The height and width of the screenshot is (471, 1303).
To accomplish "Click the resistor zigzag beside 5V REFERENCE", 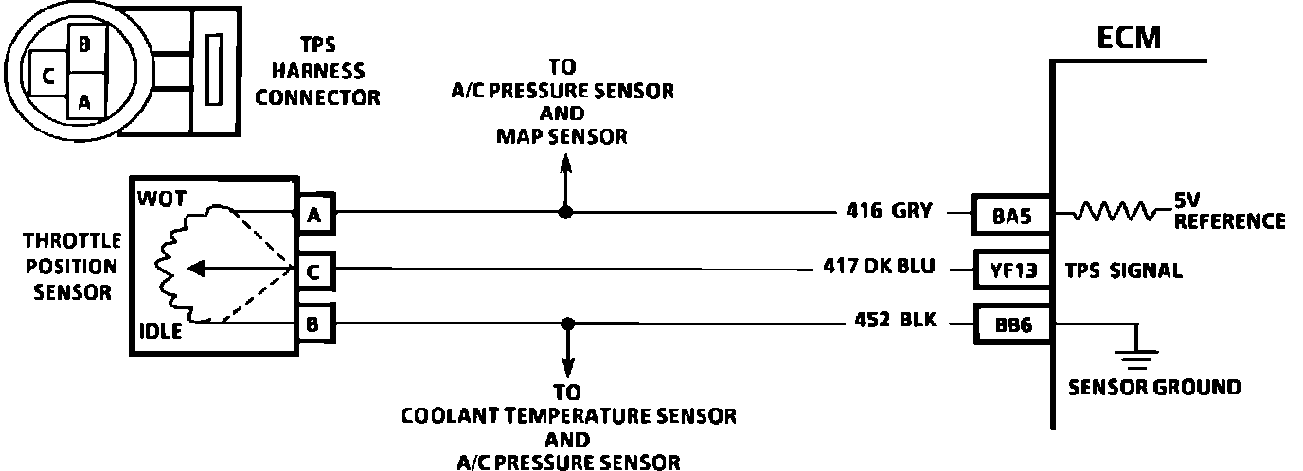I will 1118,214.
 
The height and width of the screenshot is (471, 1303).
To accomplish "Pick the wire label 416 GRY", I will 891,213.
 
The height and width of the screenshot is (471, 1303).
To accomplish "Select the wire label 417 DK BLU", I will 880,267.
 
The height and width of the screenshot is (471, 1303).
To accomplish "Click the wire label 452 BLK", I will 891,321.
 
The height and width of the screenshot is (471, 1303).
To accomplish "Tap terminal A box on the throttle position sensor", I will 312,215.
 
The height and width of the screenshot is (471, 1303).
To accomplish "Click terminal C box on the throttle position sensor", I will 312,270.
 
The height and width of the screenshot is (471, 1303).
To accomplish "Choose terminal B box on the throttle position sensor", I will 312,324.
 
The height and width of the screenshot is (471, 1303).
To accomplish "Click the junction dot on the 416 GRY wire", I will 565,213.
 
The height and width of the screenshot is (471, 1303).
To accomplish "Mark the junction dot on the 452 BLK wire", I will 567,323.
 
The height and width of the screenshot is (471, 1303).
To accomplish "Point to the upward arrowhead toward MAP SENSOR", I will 565,163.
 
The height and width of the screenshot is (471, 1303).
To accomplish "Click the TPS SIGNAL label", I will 1123,271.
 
